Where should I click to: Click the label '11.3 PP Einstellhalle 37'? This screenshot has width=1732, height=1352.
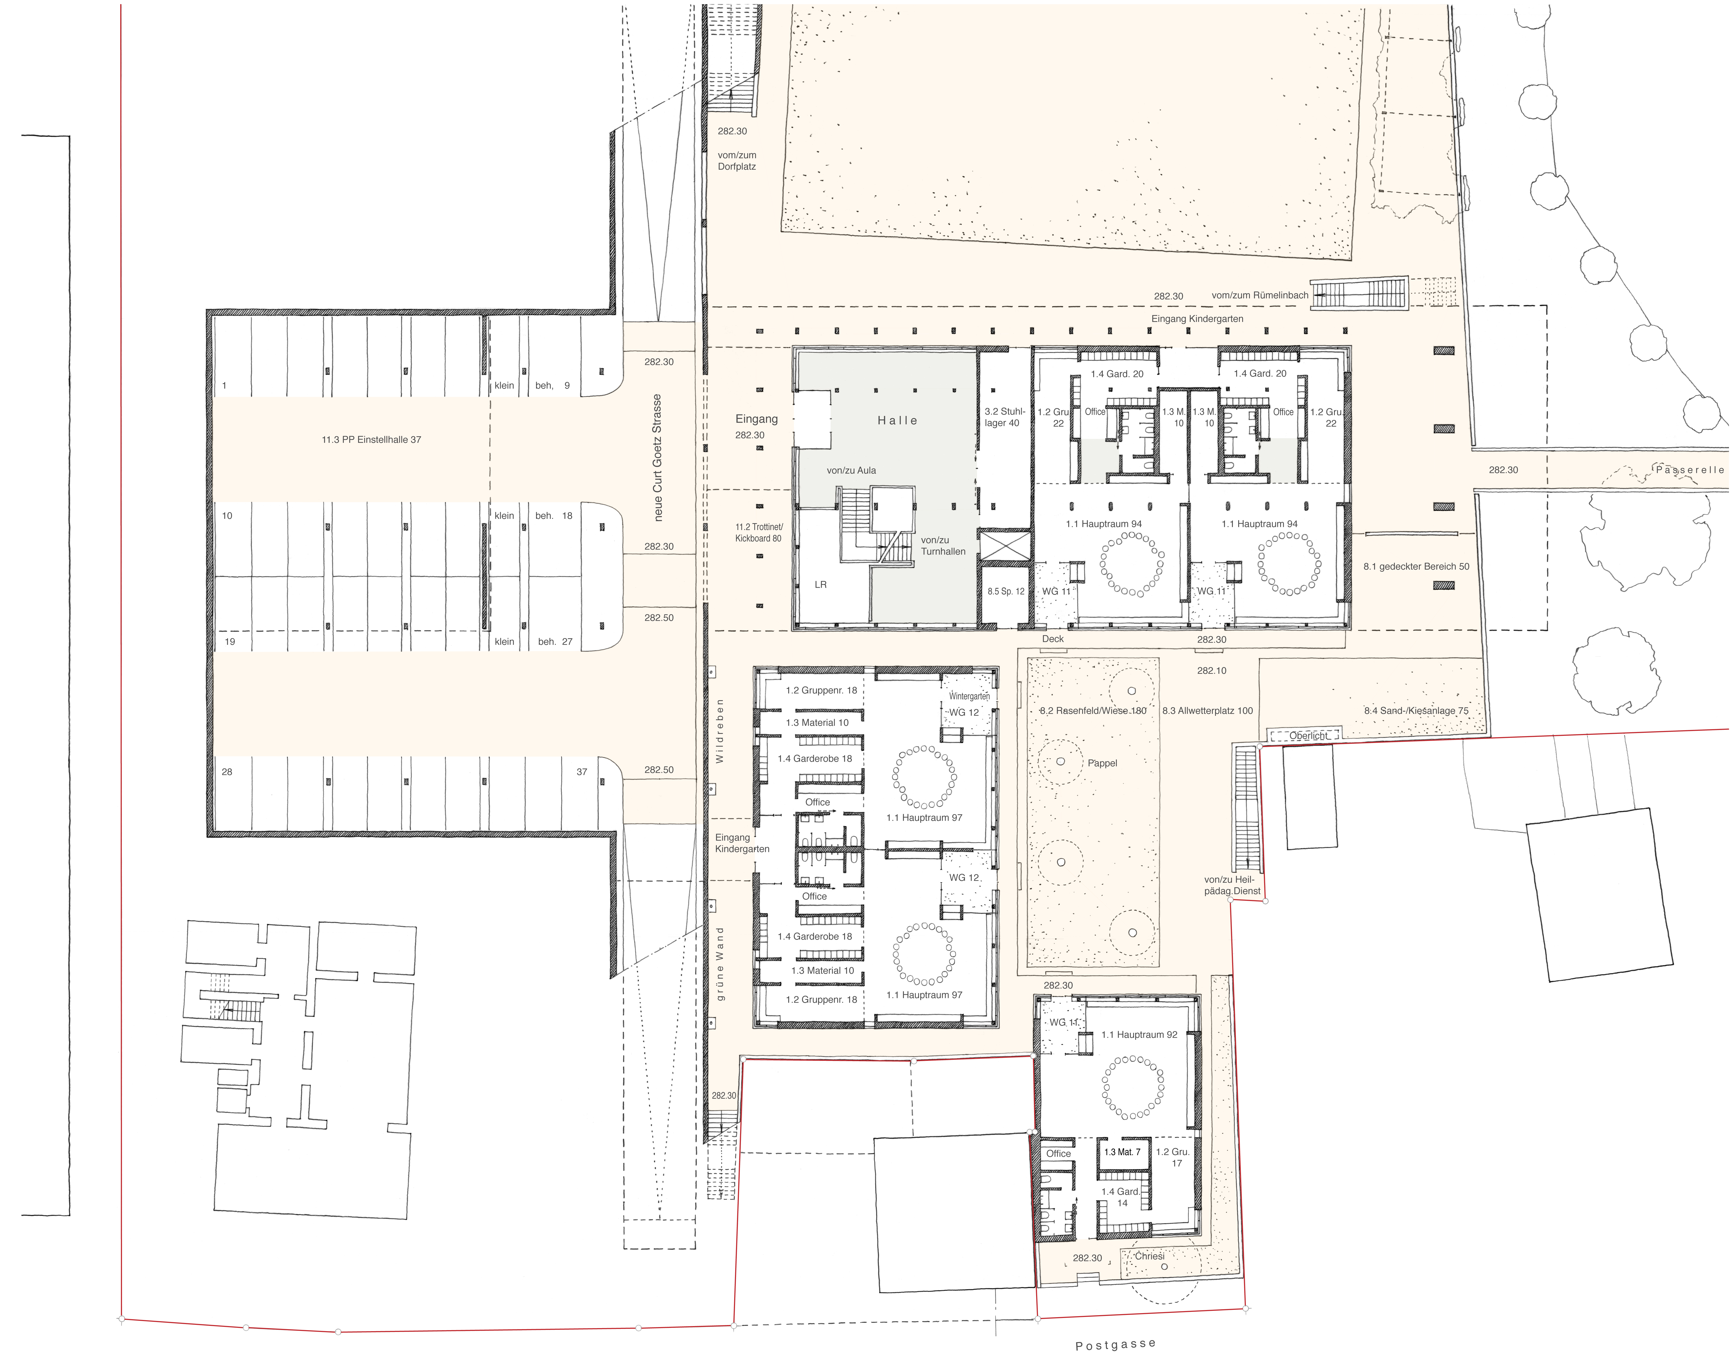coord(371,439)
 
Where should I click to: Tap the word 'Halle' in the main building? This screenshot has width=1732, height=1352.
coord(897,420)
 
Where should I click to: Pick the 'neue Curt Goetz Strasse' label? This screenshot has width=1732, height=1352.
coord(657,458)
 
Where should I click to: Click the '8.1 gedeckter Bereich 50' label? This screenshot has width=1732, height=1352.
coord(1416,566)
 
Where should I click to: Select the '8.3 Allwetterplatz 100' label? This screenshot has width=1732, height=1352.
coord(1208,710)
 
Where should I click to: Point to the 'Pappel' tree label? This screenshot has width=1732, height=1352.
coord(1102,763)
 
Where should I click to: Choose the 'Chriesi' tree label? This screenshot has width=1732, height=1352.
coord(1149,1256)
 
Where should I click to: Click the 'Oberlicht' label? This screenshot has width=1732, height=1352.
coord(1308,736)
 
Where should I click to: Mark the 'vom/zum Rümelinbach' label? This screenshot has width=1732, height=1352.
coord(1260,295)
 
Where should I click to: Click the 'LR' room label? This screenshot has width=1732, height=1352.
coord(821,584)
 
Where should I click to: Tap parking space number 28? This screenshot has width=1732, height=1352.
coord(227,772)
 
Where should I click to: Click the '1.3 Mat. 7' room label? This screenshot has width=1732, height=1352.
coord(1122,1152)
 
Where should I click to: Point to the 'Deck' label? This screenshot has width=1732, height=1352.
coord(1053,638)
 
